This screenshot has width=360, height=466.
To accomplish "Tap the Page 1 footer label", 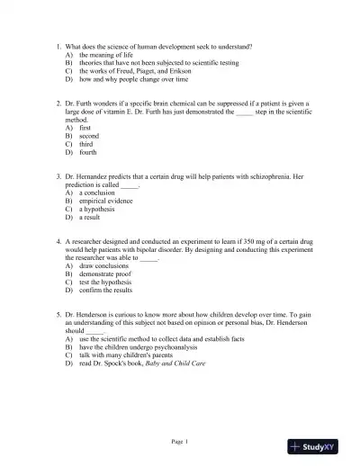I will pyautogui.click(x=180, y=441).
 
